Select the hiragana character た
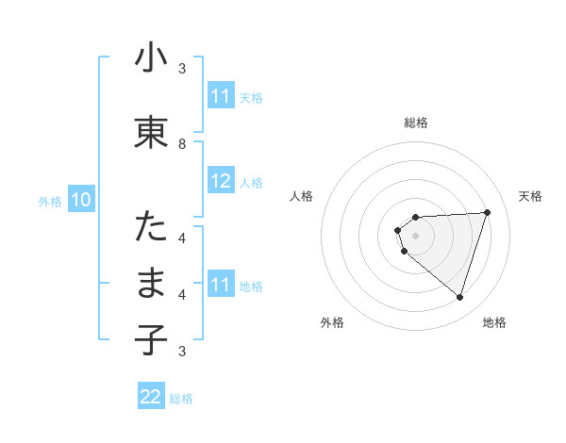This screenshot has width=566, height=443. pos(152,227)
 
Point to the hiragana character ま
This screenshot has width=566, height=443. pos(152,284)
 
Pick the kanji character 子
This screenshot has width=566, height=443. pos(152,340)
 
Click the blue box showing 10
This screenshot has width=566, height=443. pos(81,200)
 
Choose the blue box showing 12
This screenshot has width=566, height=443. pos(221,182)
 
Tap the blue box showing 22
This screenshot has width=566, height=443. pos(151,397)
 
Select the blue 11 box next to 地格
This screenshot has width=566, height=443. pos(221,286)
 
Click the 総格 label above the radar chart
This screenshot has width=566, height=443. pos(416,123)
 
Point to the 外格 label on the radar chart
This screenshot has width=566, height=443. pos(332,323)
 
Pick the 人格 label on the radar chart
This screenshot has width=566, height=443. pos(301,196)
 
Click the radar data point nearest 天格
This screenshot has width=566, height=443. pos(487,212)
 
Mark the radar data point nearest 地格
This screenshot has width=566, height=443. pos(459,298)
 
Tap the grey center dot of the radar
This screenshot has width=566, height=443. pos(416,236)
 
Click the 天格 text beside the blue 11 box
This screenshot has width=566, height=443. pos(251,97)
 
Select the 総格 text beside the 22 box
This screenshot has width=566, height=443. pos(181,399)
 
